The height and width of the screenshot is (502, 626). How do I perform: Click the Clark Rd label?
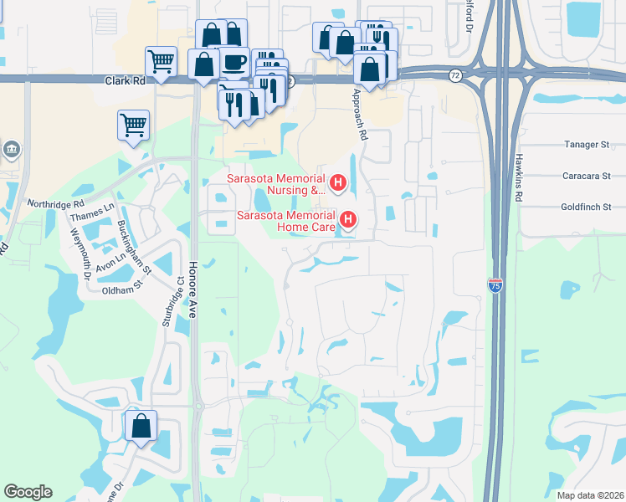126,81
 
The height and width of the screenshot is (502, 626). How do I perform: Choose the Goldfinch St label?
587,207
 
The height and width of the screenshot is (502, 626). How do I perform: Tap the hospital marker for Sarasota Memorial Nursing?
339,182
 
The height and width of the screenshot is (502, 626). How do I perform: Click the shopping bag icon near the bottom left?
141,424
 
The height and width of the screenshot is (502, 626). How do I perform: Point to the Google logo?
28,492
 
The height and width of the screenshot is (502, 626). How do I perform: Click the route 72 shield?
454,74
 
